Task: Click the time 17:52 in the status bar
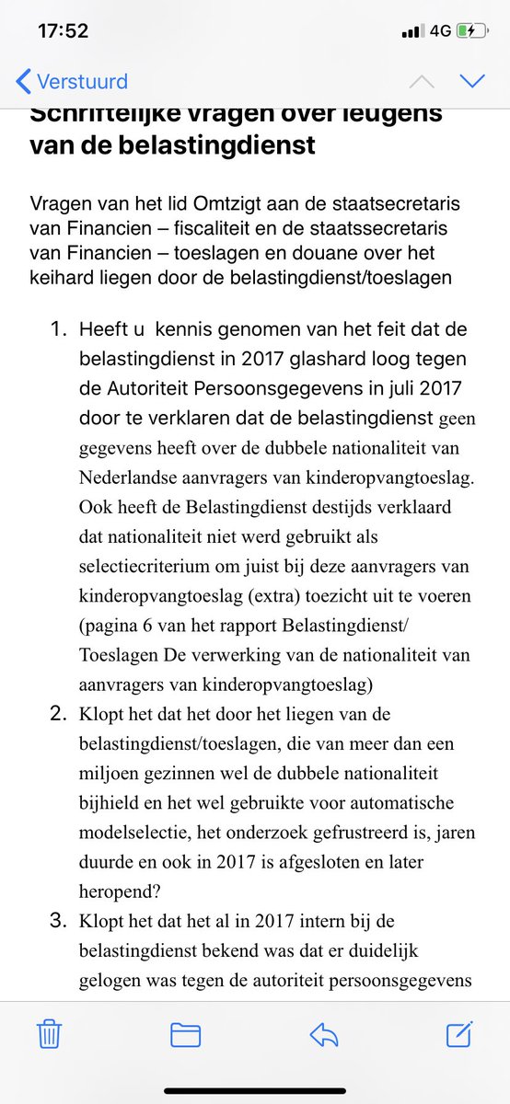(x=63, y=31)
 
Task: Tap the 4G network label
(x=440, y=31)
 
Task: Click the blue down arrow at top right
(x=472, y=81)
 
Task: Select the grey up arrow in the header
(x=422, y=81)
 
